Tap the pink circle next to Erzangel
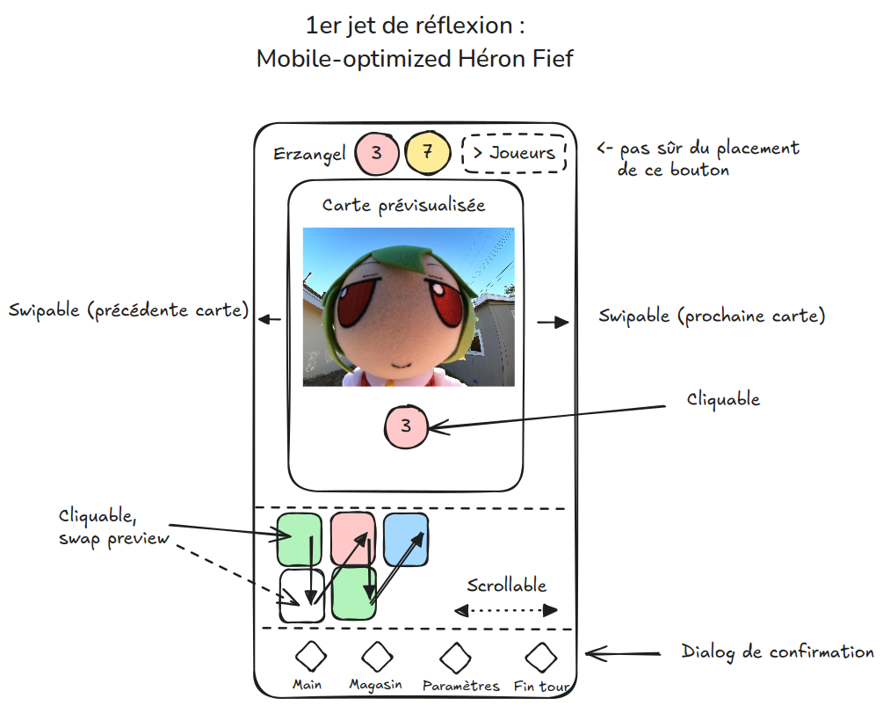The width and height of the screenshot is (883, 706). tap(377, 153)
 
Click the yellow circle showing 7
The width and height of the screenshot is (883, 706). tap(428, 152)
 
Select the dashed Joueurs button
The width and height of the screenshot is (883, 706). tap(514, 153)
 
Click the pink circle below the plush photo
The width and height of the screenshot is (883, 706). tap(406, 426)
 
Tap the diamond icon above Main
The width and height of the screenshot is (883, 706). tap(311, 657)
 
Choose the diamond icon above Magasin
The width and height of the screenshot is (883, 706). tap(377, 657)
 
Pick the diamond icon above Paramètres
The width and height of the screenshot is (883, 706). tap(456, 658)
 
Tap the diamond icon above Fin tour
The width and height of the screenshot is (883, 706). tap(541, 657)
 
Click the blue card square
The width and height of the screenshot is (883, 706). tap(406, 539)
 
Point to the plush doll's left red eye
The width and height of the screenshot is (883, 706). tap(358, 302)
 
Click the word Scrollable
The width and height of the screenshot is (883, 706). tap(507, 586)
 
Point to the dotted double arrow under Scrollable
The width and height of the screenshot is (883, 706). tap(506, 610)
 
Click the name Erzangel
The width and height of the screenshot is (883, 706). tap(309, 154)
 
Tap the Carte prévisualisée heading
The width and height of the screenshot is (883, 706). tap(404, 205)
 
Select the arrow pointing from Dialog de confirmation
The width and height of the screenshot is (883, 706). tap(623, 653)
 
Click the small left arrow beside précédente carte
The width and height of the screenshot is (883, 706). tap(269, 319)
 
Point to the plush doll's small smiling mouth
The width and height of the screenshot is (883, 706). tap(402, 365)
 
